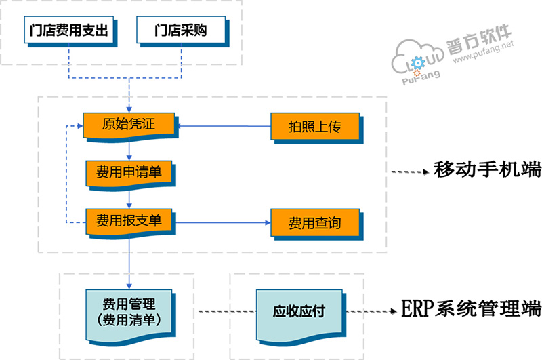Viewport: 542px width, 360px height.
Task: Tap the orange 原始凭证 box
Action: pyautogui.click(x=129, y=125)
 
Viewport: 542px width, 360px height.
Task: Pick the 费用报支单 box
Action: pyautogui.click(x=129, y=220)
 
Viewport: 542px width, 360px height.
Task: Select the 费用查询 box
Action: pyautogui.click(x=314, y=222)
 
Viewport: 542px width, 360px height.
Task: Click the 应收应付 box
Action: pyautogui.click(x=299, y=312)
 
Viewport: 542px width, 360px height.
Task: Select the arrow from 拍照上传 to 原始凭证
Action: pyautogui.click(x=224, y=126)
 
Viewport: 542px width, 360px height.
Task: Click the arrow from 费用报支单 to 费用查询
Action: pyautogui.click(x=224, y=222)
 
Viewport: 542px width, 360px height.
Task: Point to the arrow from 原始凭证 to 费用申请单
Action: pyautogui.click(x=129, y=150)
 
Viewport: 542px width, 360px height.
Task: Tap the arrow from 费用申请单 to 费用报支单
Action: pyautogui.click(x=129, y=197)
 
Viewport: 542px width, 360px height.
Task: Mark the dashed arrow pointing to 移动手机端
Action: pyautogui.click(x=411, y=172)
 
